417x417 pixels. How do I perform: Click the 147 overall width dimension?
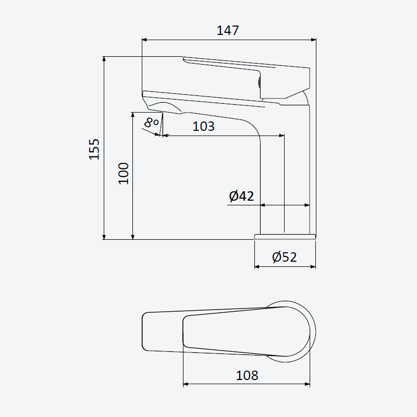[228, 30]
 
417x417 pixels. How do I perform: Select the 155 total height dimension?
[94, 149]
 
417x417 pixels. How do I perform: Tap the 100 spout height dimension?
[124, 174]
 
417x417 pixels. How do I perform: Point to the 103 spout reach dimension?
[203, 126]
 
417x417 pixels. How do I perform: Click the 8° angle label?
[151, 123]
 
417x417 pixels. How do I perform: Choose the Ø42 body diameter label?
[241, 196]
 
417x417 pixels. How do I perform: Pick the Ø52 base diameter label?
[284, 257]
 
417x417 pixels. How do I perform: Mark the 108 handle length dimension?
[247, 375]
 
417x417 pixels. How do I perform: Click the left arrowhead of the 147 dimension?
[144, 40]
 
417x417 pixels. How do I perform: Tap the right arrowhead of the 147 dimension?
[314, 40]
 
